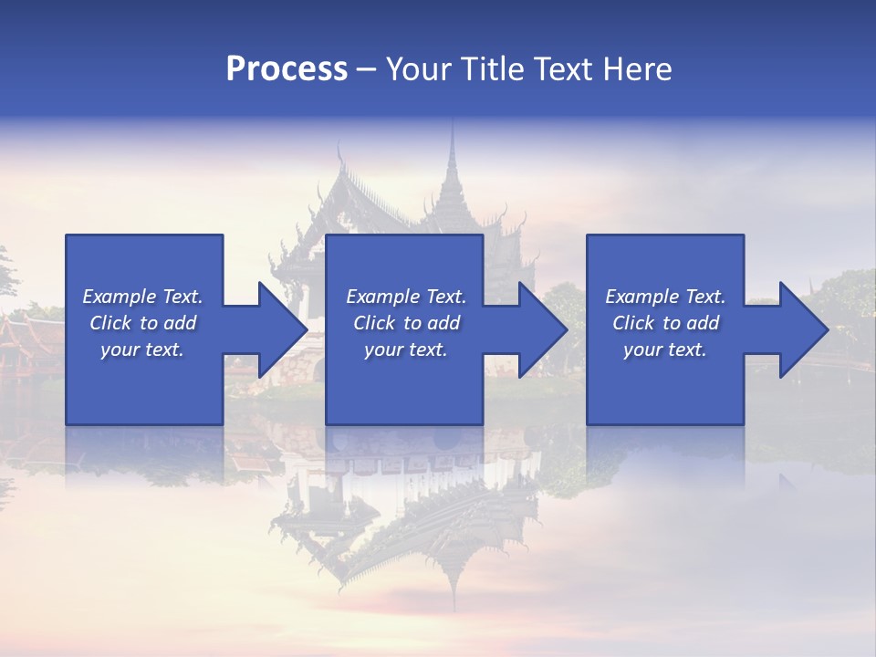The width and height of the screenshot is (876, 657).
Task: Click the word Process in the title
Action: pos(287,69)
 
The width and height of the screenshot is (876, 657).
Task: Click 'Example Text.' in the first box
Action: pos(142,297)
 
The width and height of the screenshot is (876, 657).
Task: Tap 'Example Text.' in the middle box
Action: pos(406,297)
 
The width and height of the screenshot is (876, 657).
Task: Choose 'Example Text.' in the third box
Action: pos(665,297)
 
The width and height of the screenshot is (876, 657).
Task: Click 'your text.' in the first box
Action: pos(142,349)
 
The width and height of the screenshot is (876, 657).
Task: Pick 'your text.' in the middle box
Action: pos(406,349)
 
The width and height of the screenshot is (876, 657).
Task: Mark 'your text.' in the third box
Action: pos(665,349)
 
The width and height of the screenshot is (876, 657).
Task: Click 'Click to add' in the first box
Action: pos(142,323)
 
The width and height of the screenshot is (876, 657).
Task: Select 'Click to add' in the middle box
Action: pos(406,323)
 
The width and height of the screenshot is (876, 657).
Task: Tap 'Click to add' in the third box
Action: pos(665,323)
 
